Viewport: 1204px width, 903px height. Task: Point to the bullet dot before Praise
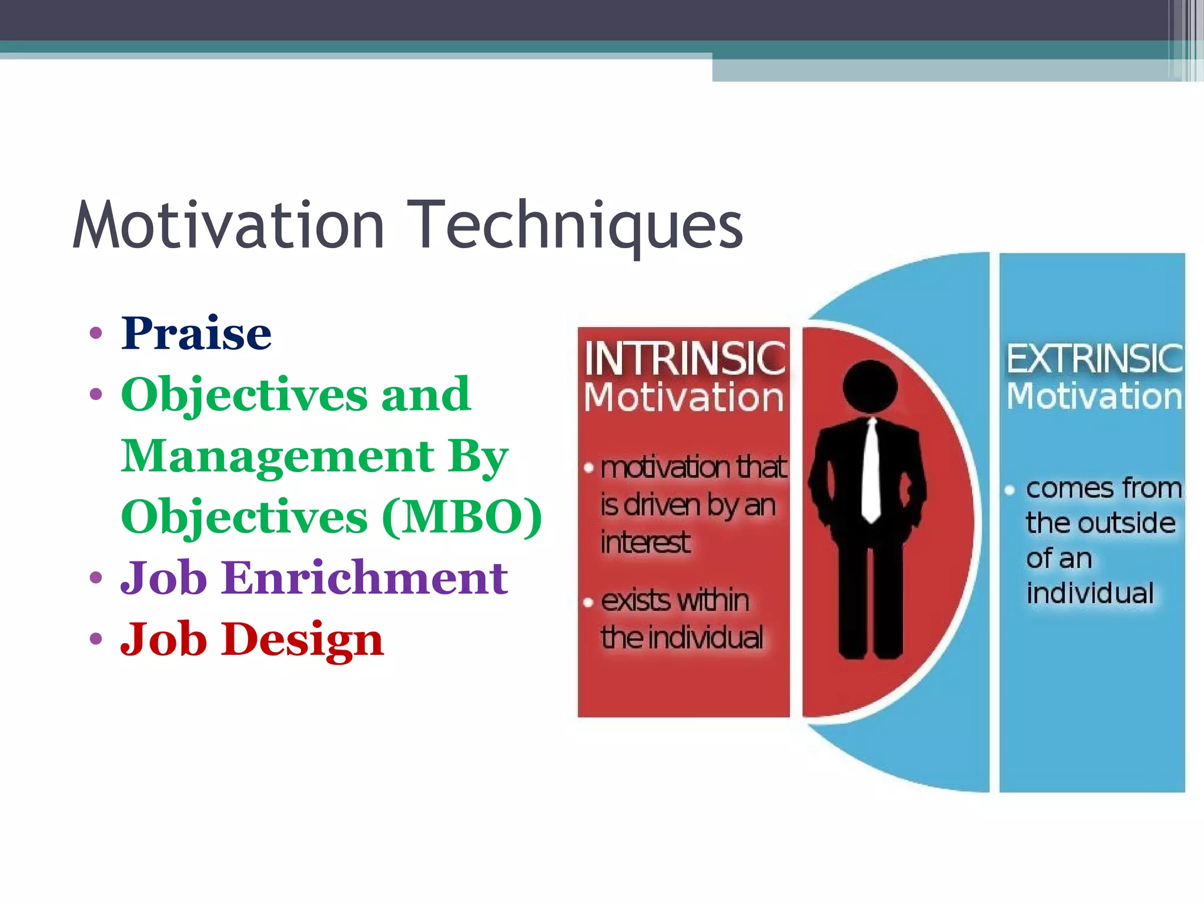(x=96, y=334)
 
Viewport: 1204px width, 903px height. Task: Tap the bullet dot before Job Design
(x=96, y=639)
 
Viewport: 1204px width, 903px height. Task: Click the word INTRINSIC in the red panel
(x=684, y=358)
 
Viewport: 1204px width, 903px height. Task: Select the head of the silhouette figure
(x=870, y=388)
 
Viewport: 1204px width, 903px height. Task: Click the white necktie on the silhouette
(x=871, y=470)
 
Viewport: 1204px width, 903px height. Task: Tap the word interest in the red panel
(x=645, y=542)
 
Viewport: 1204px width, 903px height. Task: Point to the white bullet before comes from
(x=1010, y=490)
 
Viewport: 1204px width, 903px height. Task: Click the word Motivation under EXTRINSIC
(x=1094, y=396)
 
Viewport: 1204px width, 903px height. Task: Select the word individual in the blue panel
(x=1090, y=593)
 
